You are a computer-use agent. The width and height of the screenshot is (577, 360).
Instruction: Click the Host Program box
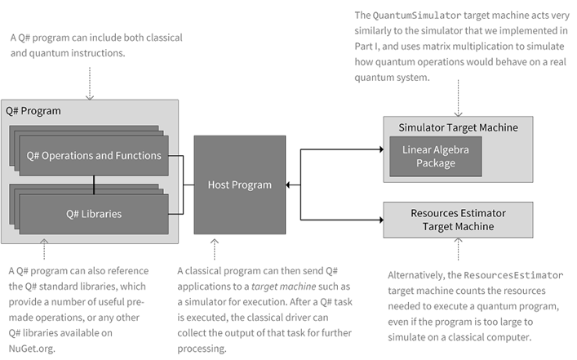239,184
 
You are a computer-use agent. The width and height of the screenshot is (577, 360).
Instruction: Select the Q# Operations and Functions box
94,156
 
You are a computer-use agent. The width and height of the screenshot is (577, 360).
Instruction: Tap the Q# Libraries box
94,214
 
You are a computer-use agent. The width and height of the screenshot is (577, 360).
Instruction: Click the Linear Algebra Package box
434,157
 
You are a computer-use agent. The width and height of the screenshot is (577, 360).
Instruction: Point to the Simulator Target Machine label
458,127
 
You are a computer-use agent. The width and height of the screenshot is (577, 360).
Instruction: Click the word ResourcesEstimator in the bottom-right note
517,275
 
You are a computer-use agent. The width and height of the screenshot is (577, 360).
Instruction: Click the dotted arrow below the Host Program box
215,247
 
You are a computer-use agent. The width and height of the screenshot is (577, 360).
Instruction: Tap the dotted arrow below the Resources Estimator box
459,249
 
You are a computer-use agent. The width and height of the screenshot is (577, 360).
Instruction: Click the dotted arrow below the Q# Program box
44,250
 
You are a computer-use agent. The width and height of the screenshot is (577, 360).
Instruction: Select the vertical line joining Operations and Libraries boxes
94,185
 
